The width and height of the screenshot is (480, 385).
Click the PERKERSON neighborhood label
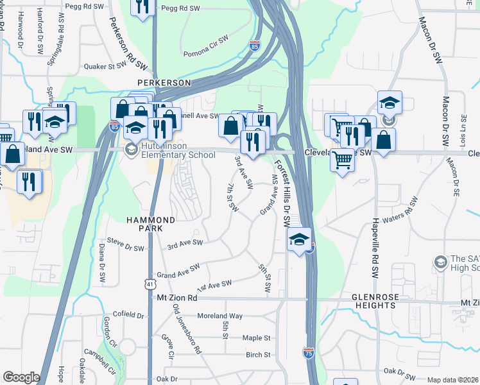tap(164, 83)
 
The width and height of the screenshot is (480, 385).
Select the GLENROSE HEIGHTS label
tap(373, 301)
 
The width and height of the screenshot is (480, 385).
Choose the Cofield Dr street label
tap(128, 315)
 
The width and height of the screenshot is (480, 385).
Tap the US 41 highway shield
tap(150, 282)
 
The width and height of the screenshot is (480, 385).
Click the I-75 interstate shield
tap(308, 352)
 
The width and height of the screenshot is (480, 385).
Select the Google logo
tap(21, 377)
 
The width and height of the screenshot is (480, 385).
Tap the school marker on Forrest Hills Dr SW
tap(299, 240)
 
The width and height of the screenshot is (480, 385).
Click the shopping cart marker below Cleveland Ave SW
tap(343, 158)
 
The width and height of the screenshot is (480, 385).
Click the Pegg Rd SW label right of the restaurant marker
tap(177, 9)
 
